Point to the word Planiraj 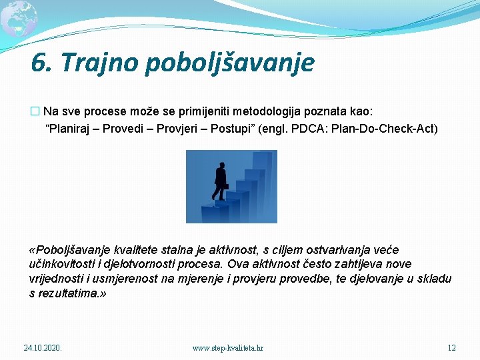[70, 128]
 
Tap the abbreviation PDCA [329, 128]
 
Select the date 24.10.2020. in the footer [43, 348]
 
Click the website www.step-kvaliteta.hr [227, 348]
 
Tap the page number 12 [451, 348]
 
